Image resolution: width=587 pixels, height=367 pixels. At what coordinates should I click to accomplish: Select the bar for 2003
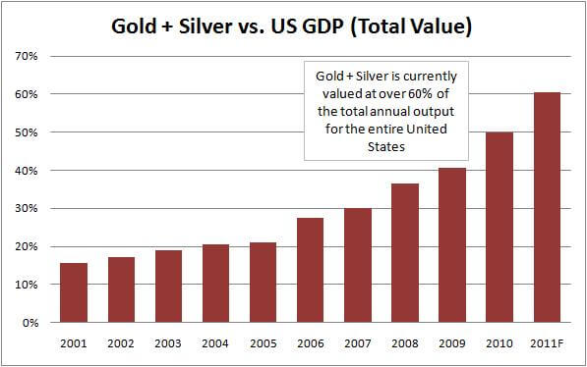(167, 286)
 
